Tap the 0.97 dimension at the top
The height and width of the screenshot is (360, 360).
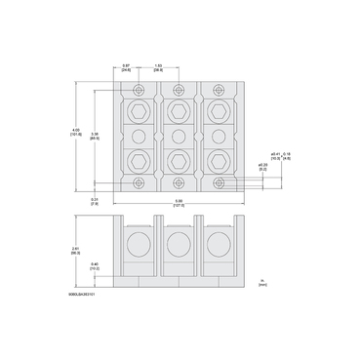coord(127,68)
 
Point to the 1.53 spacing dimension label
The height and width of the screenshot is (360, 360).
coord(157,68)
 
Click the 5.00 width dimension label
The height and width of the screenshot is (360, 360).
coord(179,204)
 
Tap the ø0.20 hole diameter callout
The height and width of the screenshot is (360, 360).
coord(262,167)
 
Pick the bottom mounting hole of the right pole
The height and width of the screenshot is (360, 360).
coord(215,182)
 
